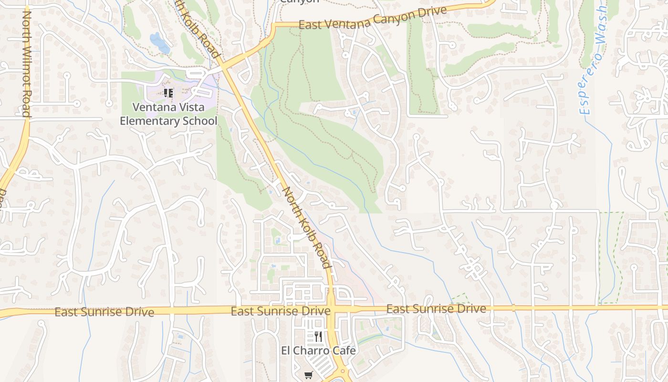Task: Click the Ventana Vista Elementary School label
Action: point(168,114)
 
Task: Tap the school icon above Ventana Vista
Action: point(168,93)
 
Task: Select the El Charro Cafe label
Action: point(318,350)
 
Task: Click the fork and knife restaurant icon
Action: point(318,337)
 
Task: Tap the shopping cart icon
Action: point(308,375)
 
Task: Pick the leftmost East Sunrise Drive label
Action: point(104,312)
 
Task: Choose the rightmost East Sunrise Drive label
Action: point(436,309)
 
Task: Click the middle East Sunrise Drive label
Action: point(281,311)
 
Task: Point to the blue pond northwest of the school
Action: point(159,43)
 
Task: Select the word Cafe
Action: point(342,350)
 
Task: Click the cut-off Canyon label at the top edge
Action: point(299,1)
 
